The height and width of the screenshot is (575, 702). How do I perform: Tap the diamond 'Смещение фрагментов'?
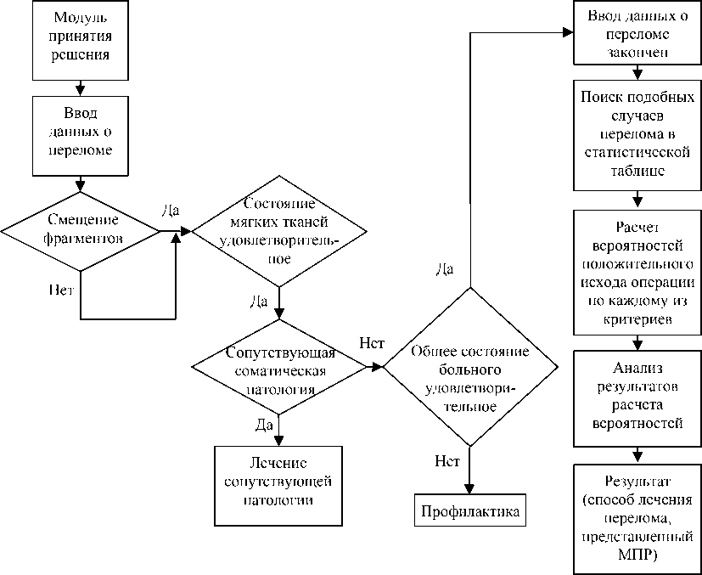tap(81, 230)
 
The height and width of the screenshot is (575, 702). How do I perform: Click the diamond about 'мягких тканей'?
tap(279, 230)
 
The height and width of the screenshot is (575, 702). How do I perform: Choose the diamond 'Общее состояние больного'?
tap(470, 368)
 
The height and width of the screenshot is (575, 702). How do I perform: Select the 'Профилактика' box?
tap(470, 512)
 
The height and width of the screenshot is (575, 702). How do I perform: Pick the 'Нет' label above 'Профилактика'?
tap(446, 462)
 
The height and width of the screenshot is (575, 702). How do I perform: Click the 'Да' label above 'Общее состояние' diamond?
tap(445, 269)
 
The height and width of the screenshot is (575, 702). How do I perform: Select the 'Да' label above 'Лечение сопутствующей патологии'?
tap(263, 422)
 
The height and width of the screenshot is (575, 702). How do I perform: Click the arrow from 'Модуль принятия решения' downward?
tap(80, 85)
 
